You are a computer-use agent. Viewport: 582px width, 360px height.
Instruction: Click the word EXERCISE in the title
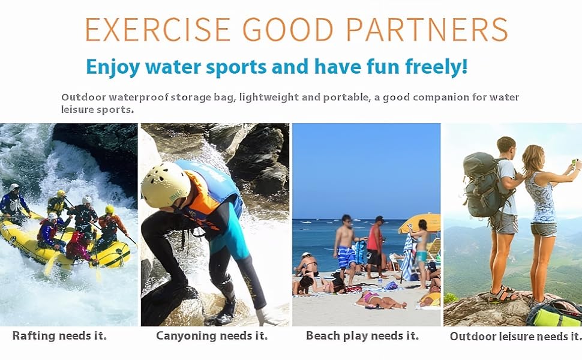pos(158,29)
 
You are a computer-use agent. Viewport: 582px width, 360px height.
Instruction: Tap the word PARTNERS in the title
pos(427,29)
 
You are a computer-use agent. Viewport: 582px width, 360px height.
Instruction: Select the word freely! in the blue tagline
pos(436,67)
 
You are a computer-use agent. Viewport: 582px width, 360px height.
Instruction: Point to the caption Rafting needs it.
pos(59,336)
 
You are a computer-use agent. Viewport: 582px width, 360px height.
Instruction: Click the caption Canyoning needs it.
pos(212,336)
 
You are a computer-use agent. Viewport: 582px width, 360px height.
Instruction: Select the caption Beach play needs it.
pos(362,336)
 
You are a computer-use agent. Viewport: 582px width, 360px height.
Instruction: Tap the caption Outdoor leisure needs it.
pos(515,337)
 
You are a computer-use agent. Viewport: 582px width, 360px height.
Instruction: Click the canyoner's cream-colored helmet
pos(165,184)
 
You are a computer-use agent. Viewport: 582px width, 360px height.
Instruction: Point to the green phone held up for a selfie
pos(574,162)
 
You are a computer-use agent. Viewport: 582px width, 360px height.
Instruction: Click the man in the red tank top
pos(375,247)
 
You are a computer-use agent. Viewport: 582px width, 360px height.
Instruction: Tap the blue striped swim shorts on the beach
pos(346,257)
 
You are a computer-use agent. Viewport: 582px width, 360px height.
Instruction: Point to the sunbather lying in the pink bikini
pos(380,301)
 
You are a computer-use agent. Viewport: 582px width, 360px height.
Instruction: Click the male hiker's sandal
pos(502,295)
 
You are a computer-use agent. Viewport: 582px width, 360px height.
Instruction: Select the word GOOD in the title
pos(288,29)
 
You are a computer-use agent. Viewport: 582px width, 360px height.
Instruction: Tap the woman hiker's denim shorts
pos(544,230)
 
